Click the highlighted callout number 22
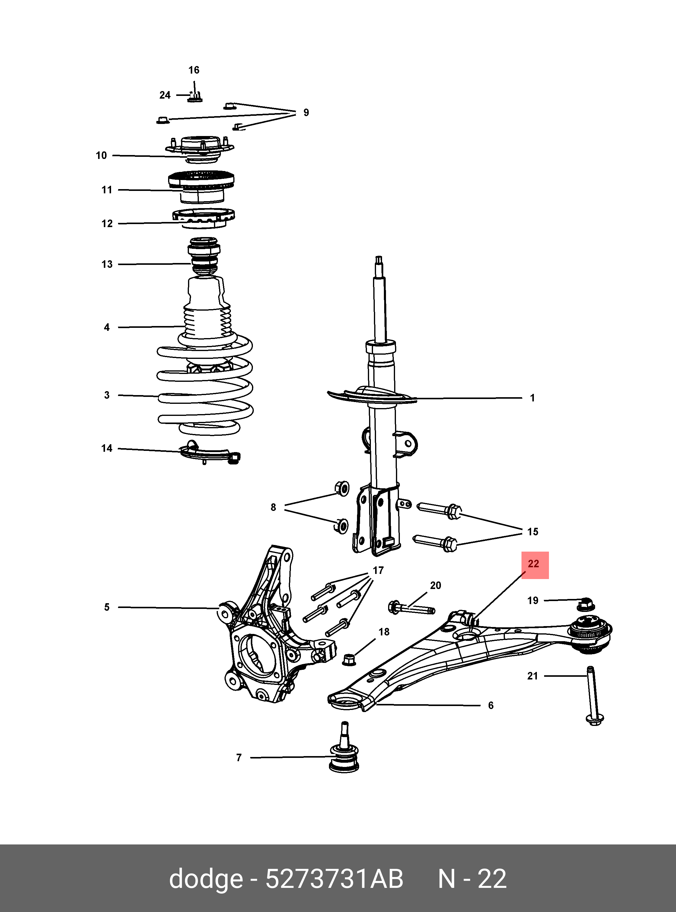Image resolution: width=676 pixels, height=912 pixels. (x=534, y=564)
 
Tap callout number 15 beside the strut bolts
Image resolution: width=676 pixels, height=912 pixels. (x=532, y=532)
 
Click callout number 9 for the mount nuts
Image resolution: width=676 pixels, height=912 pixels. (x=306, y=112)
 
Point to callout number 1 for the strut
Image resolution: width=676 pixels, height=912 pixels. (x=532, y=398)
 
